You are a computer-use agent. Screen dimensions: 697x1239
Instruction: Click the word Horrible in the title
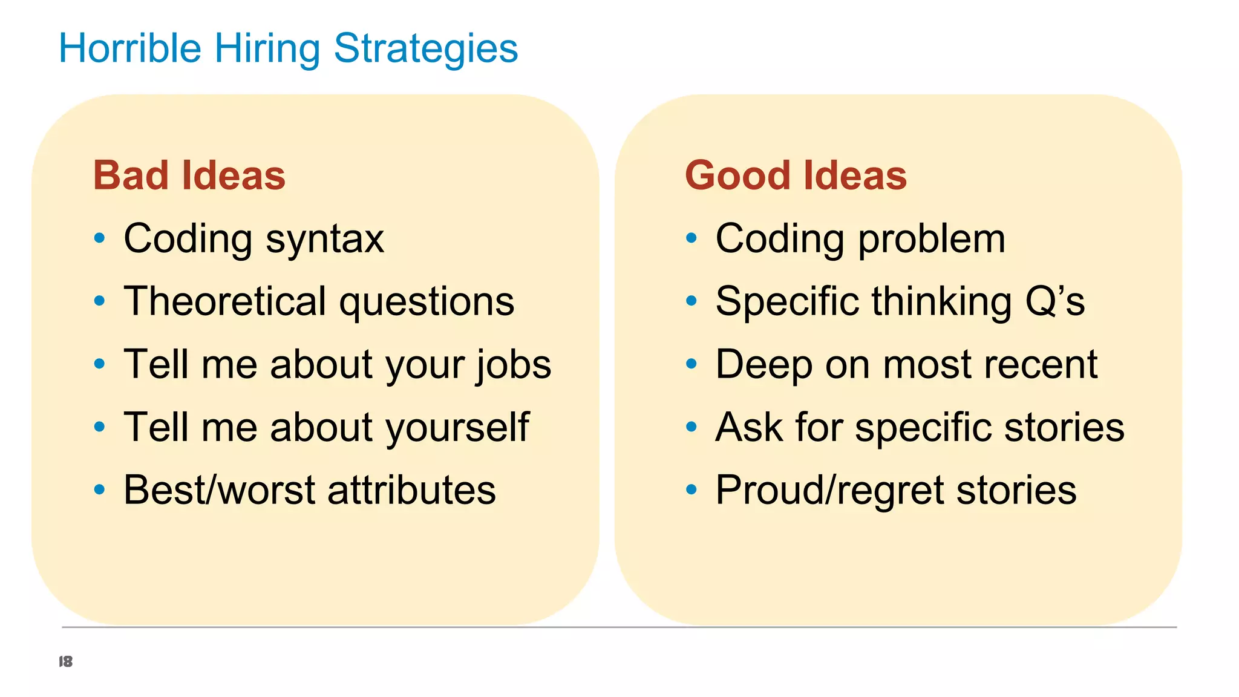(129, 48)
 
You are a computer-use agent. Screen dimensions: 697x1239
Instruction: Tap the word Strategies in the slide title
(425, 48)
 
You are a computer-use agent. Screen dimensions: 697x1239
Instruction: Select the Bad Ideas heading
(189, 175)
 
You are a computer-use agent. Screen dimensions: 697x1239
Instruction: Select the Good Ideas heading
(796, 175)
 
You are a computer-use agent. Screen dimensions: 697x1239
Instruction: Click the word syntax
(325, 240)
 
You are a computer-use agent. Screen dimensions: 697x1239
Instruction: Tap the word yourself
(457, 428)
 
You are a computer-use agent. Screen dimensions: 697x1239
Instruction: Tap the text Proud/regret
(829, 490)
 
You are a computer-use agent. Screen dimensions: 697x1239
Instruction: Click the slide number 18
(65, 661)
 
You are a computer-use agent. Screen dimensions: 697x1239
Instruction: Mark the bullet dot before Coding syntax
(100, 238)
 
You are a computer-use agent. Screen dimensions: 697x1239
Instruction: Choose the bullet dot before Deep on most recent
(691, 364)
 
